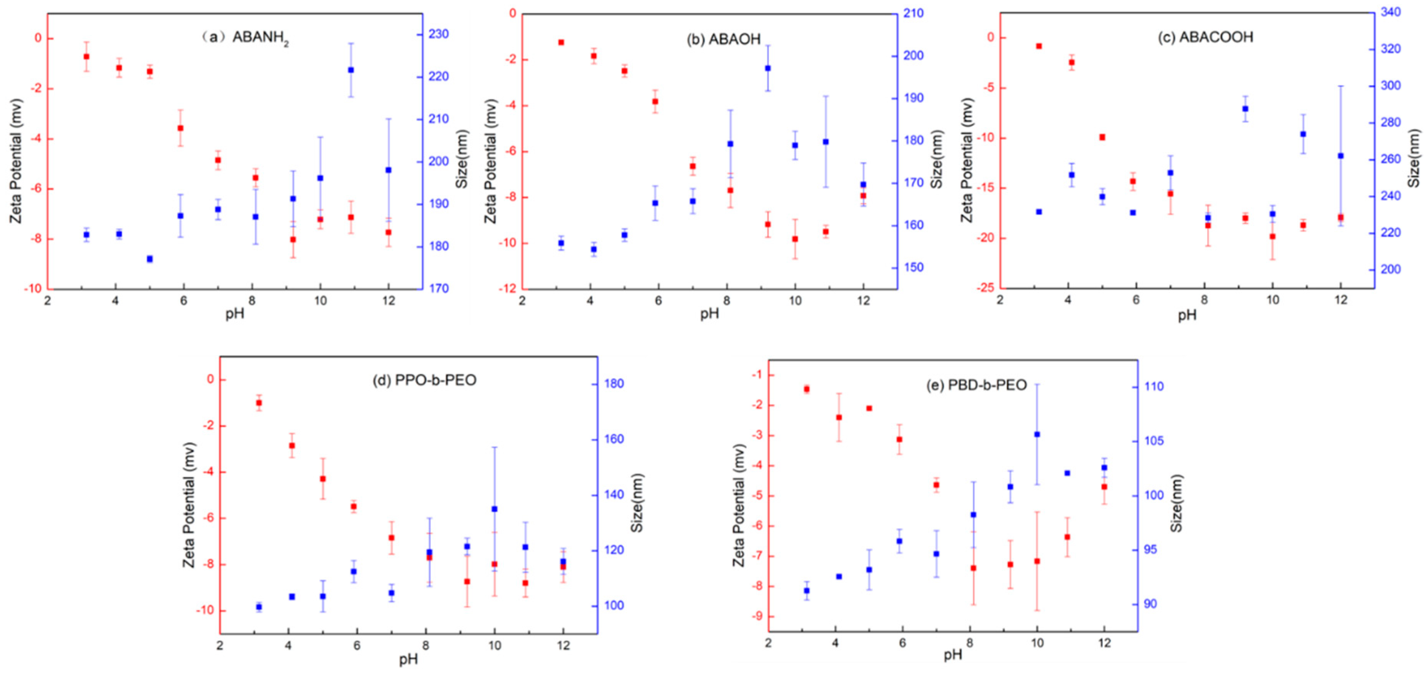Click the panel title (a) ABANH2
click(x=246, y=38)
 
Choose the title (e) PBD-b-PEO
click(x=977, y=385)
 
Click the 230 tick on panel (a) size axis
click(x=439, y=34)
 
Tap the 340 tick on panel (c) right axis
click(x=1391, y=12)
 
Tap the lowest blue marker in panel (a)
click(x=150, y=259)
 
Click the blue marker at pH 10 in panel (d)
click(x=494, y=509)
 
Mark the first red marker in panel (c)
click(x=1039, y=46)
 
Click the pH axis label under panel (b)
click(x=709, y=314)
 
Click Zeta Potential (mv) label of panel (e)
click(x=740, y=505)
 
